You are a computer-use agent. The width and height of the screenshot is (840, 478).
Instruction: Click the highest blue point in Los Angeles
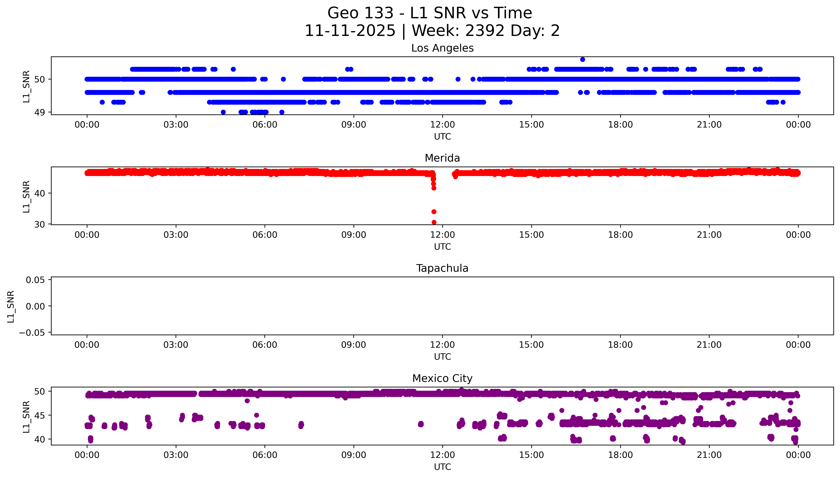[582, 59]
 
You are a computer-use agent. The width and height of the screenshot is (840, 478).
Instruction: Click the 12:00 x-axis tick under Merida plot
[442, 235]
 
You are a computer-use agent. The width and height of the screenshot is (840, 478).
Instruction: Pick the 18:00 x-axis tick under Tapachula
[620, 345]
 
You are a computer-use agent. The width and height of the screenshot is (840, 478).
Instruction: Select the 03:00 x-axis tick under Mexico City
[176, 455]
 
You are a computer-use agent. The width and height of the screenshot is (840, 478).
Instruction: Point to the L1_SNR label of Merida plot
[26, 196]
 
